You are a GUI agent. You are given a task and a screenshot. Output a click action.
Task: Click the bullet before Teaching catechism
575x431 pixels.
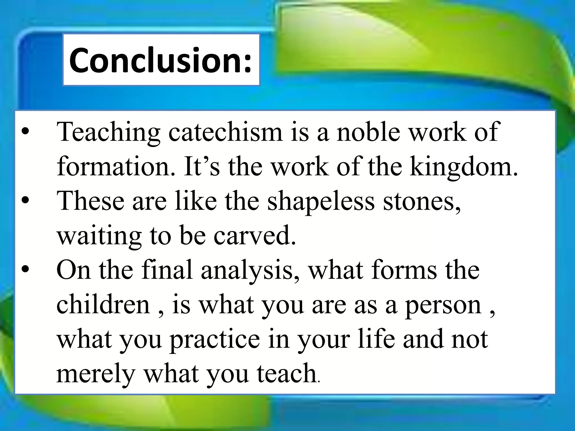25,132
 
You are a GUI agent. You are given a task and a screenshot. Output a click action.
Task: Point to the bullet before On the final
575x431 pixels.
25,270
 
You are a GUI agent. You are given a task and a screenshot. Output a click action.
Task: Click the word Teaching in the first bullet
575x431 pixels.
108,132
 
